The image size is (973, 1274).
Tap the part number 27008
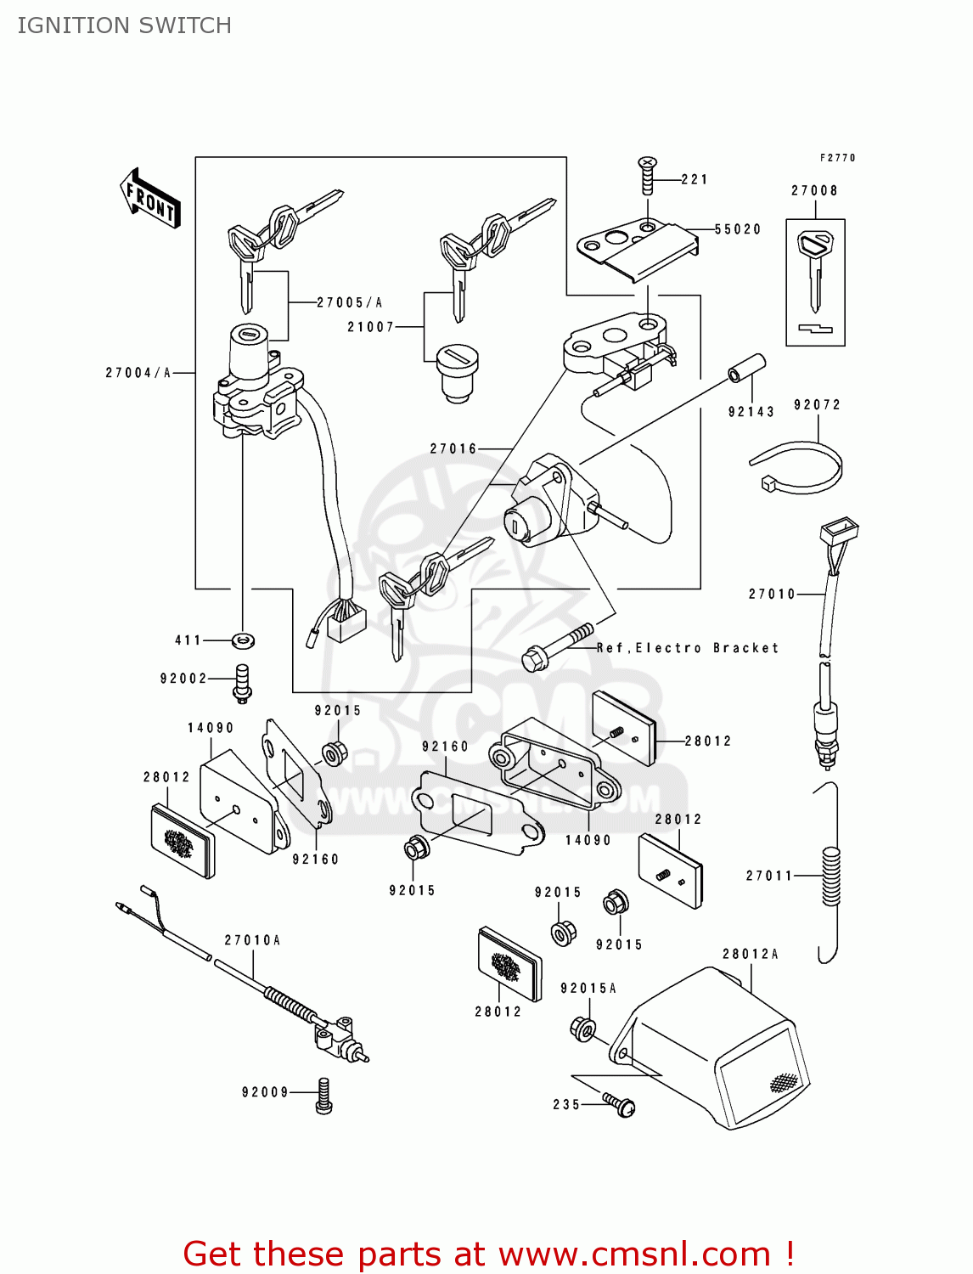(x=814, y=190)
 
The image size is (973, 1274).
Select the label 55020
(x=738, y=229)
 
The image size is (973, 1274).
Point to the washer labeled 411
(x=243, y=640)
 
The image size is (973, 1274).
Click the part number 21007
(x=370, y=327)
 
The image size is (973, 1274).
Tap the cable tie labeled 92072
(x=796, y=468)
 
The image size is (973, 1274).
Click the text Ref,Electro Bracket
(x=687, y=648)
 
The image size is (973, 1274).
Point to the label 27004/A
(x=138, y=373)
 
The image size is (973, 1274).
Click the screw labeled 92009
(x=323, y=1095)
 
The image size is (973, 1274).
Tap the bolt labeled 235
(x=620, y=1104)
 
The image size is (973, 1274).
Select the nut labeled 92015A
(x=582, y=1029)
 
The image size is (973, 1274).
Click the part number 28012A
(x=750, y=954)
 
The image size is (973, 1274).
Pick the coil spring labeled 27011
(x=830, y=876)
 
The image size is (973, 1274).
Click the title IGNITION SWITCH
(x=124, y=25)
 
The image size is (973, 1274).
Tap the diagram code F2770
(x=837, y=158)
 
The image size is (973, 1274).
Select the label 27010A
(x=252, y=940)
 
